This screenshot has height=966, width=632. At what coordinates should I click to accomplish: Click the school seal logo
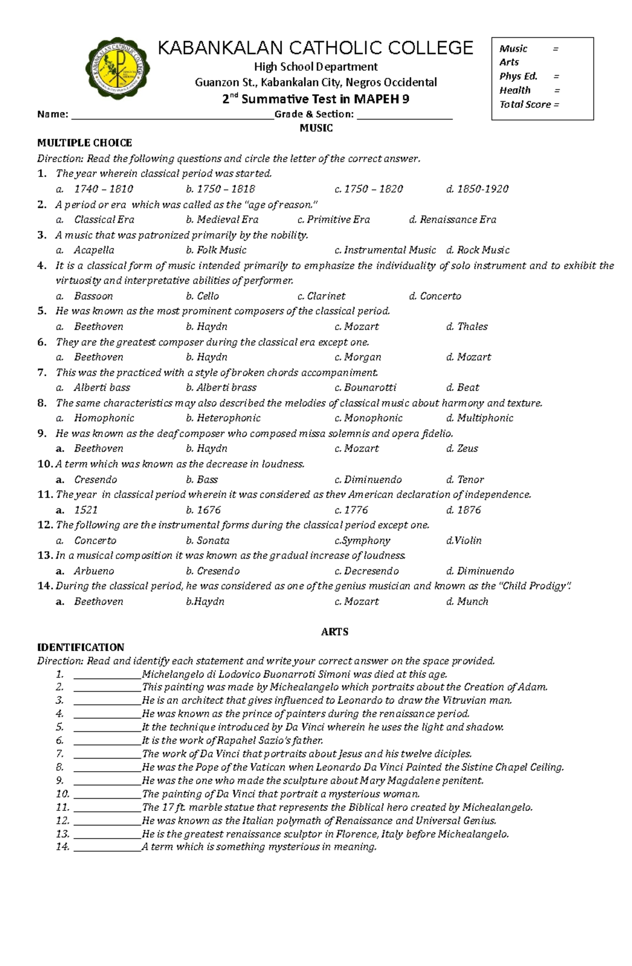[x=117, y=68]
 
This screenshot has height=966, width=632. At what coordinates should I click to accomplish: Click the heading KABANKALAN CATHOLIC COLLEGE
[x=315, y=48]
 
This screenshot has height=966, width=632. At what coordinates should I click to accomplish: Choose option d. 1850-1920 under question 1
[x=477, y=189]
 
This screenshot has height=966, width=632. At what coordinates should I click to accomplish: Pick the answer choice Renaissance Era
[x=458, y=220]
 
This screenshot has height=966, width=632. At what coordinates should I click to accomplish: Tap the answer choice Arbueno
[x=94, y=571]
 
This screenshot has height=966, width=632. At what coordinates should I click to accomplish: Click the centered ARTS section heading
[x=334, y=632]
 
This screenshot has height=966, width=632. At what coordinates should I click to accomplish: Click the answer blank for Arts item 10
[x=107, y=795]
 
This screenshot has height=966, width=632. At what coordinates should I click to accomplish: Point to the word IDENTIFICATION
[x=81, y=647]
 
